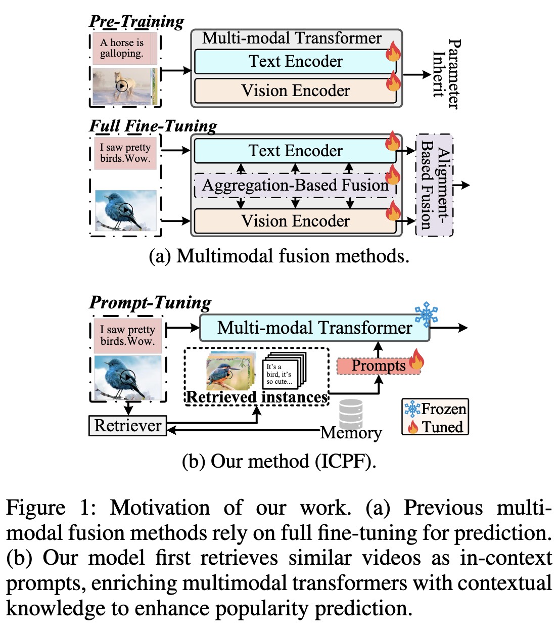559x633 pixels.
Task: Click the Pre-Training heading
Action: tap(136, 21)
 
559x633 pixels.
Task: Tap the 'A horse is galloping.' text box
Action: tap(124, 49)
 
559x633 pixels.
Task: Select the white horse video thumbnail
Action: tap(122, 86)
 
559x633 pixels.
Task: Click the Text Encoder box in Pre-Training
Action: tap(296, 62)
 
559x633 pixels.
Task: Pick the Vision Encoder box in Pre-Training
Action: tap(296, 91)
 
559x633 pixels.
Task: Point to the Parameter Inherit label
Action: tap(446, 74)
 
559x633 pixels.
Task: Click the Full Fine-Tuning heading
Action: tap(153, 125)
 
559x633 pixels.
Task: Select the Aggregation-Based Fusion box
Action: tap(296, 186)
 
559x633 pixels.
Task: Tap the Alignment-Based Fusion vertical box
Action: tap(434, 185)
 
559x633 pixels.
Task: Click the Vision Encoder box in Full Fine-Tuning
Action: tap(296, 221)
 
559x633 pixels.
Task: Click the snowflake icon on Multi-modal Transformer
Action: tap(426, 314)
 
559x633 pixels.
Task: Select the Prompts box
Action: tap(379, 366)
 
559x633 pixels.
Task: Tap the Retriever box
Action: tap(128, 426)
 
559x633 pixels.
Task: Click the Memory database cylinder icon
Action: tap(351, 414)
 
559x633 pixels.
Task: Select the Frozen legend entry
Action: tap(436, 409)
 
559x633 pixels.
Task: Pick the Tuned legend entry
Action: tap(436, 427)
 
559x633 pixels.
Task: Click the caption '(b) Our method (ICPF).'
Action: tap(279, 462)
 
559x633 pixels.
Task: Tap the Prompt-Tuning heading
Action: tap(150, 302)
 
